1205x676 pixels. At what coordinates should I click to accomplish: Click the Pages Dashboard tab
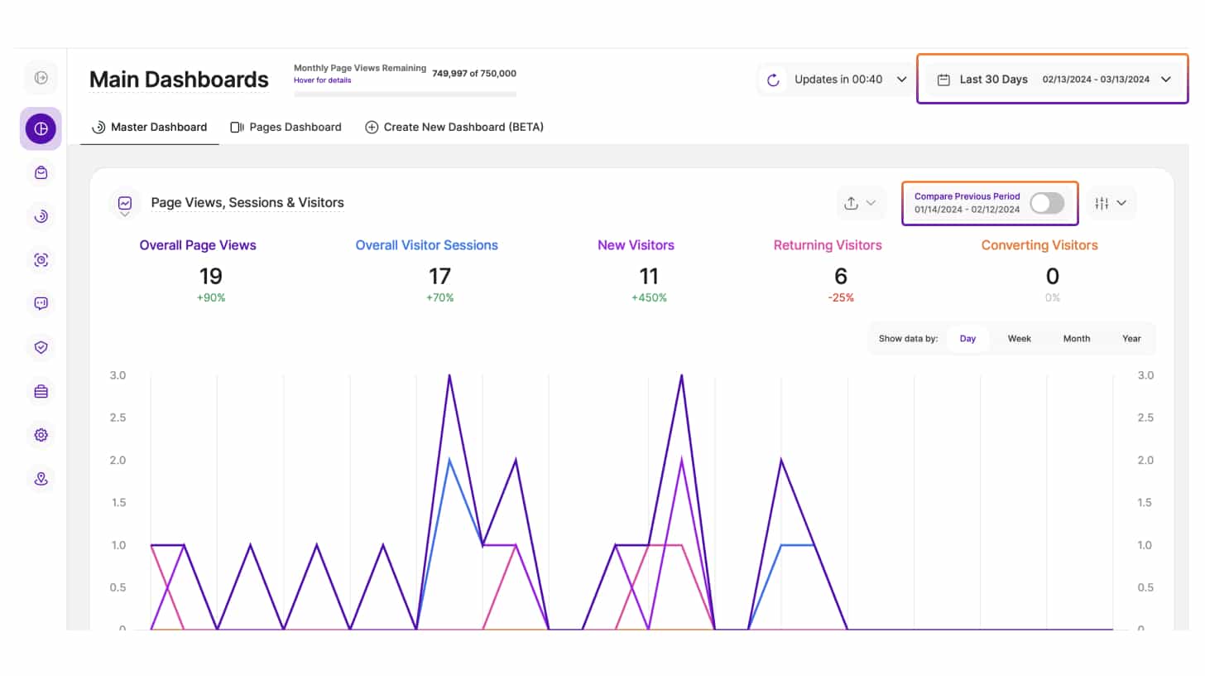[x=286, y=128]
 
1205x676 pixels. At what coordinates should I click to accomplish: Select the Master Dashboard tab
[x=150, y=128]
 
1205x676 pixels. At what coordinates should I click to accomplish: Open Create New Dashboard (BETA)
[x=454, y=128]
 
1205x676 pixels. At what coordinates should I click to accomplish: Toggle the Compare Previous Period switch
[x=1047, y=203]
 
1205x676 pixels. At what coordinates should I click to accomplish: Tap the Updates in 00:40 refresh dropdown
[x=837, y=80]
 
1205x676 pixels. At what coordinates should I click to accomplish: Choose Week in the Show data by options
[x=1019, y=339]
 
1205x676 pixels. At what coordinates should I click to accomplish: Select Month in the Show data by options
[x=1076, y=339]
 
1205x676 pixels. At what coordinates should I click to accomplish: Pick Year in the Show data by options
[x=1131, y=339]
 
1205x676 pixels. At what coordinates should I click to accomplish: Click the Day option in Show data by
[x=967, y=339]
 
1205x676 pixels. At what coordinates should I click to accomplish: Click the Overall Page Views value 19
[x=210, y=277]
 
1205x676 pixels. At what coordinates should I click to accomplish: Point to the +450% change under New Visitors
[x=648, y=298]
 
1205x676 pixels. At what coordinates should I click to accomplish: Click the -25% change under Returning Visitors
[x=840, y=298]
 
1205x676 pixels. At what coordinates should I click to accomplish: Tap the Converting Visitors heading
[x=1039, y=245]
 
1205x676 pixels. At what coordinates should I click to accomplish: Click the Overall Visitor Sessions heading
[x=426, y=245]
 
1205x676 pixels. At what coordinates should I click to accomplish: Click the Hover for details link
[x=322, y=80]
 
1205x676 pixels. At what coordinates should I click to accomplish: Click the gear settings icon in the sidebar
[x=41, y=435]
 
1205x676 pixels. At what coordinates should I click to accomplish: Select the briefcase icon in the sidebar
[x=41, y=391]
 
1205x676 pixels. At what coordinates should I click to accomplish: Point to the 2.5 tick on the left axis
[x=118, y=418]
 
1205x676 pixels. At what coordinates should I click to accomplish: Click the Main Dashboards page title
[x=179, y=80]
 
